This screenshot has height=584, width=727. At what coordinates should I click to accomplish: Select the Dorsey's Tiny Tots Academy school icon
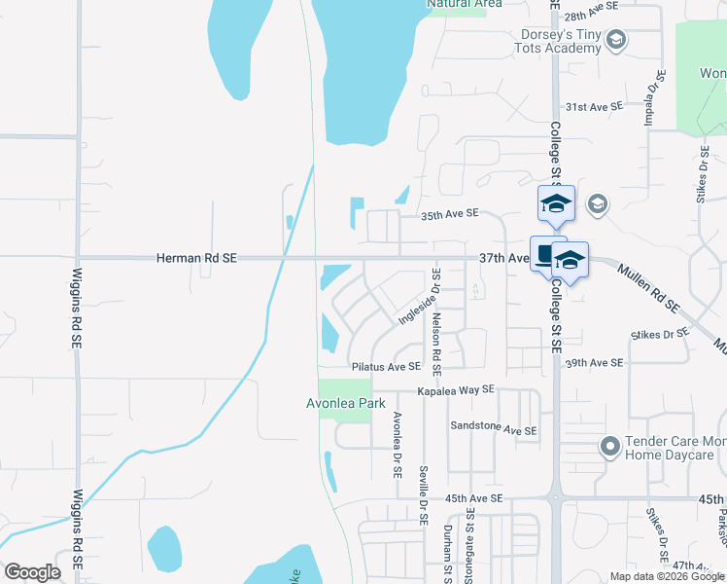[x=615, y=40]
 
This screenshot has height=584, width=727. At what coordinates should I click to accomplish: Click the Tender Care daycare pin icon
[x=609, y=447]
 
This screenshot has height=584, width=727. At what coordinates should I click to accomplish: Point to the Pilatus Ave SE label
[x=386, y=367]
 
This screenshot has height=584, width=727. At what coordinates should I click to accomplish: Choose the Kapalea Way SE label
[x=456, y=389]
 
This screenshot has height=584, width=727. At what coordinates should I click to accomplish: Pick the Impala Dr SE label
[x=650, y=97]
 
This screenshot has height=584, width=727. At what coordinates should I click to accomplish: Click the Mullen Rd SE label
[x=649, y=287]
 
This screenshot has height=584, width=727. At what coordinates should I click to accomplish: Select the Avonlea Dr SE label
[x=397, y=444]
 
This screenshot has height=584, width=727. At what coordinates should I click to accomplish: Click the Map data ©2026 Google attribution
[x=668, y=576]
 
